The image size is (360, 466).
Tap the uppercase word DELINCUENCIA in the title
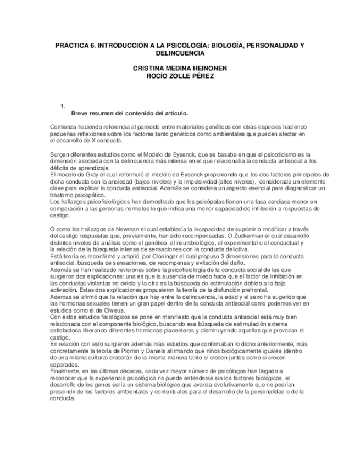[x=180, y=53]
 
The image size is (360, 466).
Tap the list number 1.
[x=64, y=106]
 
